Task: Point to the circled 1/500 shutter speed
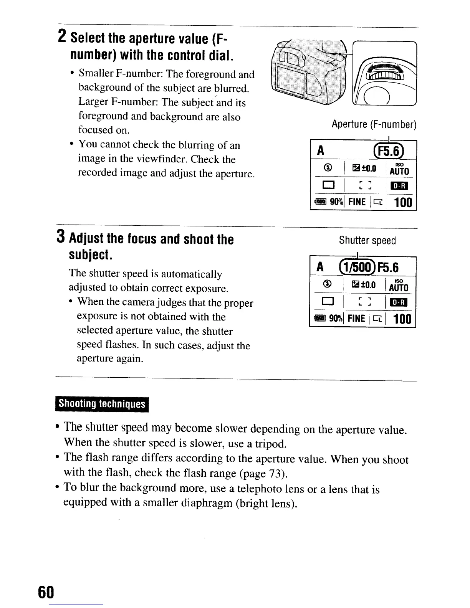tap(358, 267)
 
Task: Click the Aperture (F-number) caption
tap(374, 124)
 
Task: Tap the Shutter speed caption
tap(367, 241)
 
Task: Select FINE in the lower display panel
tap(356, 318)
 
